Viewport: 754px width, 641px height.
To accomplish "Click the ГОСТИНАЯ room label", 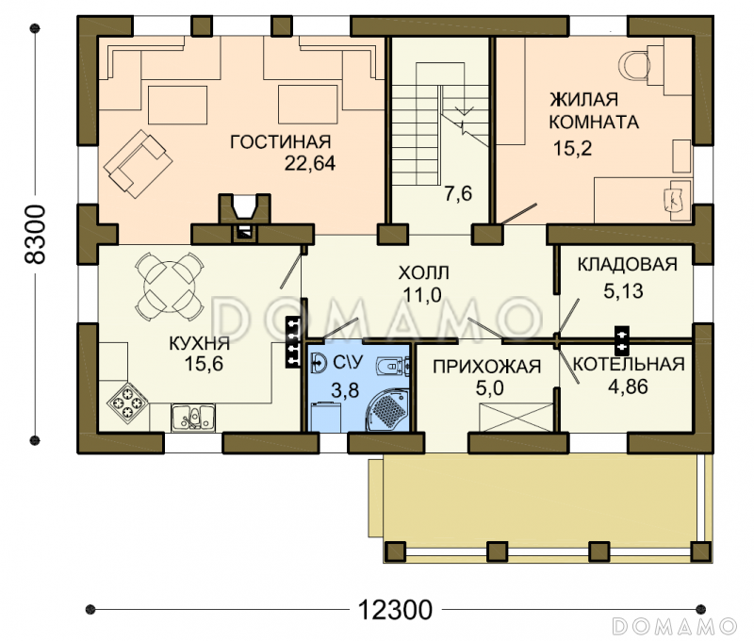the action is [x=281, y=141].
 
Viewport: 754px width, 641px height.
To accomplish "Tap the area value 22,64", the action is [x=310, y=163].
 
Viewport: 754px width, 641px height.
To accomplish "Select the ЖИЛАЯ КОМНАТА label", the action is [x=594, y=110].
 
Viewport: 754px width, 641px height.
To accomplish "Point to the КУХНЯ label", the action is [x=200, y=343].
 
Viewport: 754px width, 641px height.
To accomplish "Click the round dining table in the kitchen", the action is [x=170, y=287].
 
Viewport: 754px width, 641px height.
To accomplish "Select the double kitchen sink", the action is [x=193, y=417].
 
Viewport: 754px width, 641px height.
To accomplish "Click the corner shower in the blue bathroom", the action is [x=387, y=409].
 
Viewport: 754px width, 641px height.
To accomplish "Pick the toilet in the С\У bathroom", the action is [x=393, y=366].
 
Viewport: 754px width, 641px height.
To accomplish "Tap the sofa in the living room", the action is [x=138, y=163].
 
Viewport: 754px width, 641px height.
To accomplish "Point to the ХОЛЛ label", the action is [x=423, y=273].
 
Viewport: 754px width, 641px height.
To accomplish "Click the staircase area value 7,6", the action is [x=458, y=194].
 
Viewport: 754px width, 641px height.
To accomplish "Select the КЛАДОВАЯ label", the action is [x=627, y=265].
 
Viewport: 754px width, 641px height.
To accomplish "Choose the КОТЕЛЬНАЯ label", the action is [x=629, y=365].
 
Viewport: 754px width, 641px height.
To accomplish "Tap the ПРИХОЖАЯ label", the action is [x=486, y=367].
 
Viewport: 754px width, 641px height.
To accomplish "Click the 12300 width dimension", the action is [x=395, y=610].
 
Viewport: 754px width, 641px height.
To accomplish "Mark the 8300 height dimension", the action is [x=35, y=234].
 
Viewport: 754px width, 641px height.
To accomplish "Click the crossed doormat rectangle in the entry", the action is [x=516, y=418].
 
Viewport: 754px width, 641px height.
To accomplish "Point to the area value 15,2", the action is [x=572, y=149].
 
